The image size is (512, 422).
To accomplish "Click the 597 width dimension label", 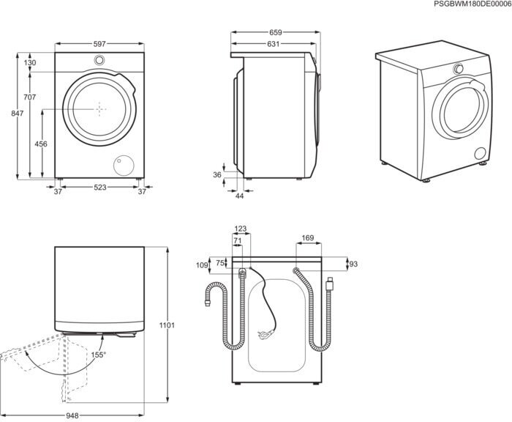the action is (99, 44).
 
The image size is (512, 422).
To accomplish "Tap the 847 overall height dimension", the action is (18, 113).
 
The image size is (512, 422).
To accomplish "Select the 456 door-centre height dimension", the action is (41, 144).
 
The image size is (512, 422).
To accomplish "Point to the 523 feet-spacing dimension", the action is (100, 187).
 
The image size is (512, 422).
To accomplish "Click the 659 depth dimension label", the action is (275, 32).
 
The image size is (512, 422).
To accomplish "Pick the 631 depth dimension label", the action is (274, 44).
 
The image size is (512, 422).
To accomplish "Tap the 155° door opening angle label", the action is (99, 355).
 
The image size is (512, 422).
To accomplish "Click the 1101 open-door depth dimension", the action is (167, 325).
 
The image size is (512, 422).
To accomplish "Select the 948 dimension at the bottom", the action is (72, 415).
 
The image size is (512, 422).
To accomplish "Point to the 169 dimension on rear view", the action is (308, 238).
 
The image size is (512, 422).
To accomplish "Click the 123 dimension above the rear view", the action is (241, 229).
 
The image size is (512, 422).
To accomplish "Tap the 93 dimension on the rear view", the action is (353, 264).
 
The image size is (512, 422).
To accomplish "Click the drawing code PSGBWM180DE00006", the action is (473, 4).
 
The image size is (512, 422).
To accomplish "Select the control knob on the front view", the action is (99, 60).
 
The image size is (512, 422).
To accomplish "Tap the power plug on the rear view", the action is (266, 334).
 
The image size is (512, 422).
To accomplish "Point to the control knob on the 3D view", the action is (459, 69).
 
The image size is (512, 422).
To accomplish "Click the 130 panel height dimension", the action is (30, 62).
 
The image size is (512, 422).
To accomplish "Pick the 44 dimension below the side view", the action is (240, 196).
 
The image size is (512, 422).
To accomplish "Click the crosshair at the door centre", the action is (99, 109).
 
